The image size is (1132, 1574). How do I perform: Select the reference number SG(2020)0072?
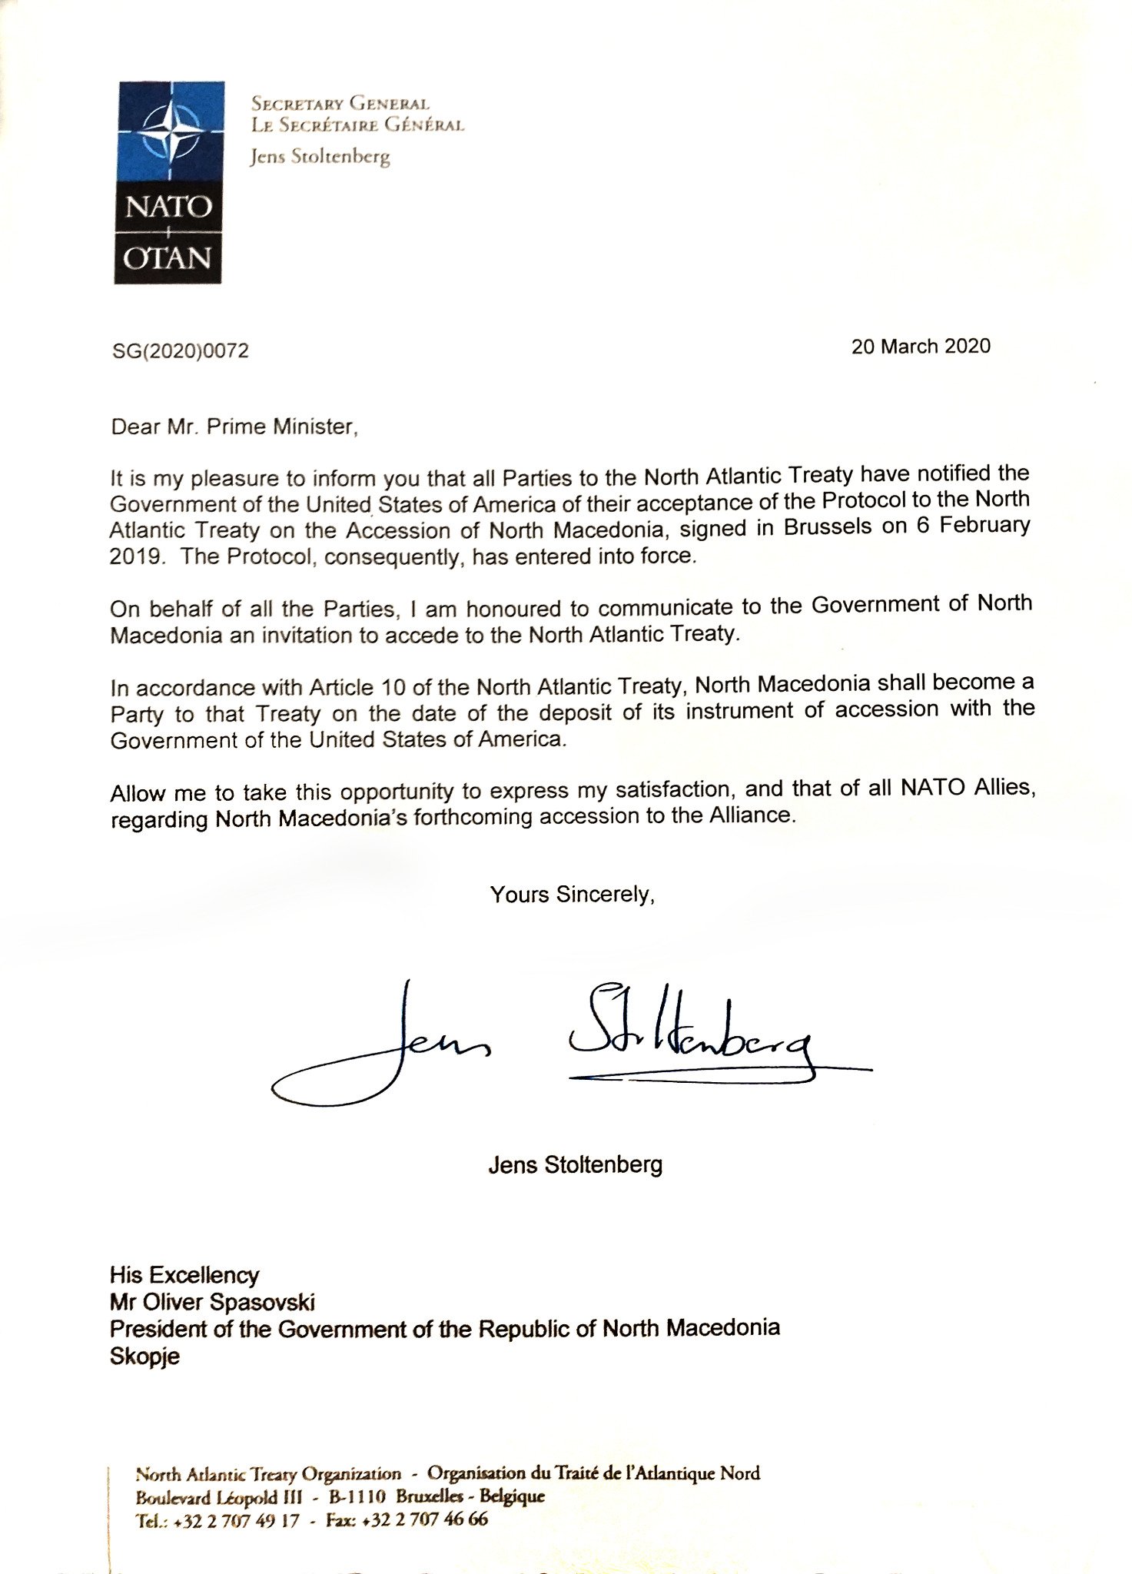180,351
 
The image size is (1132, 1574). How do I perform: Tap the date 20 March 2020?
921,346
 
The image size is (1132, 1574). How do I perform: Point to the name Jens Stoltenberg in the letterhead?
320,158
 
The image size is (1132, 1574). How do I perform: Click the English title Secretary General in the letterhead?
340,104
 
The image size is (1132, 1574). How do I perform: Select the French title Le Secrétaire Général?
357,125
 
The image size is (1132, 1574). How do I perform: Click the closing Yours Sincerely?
573,895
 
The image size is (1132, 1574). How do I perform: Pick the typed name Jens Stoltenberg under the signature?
575,1165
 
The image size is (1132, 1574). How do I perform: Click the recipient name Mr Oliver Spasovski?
212,1302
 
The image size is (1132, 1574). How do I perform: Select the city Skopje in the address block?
145,1356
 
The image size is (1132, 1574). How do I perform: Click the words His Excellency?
184,1275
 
